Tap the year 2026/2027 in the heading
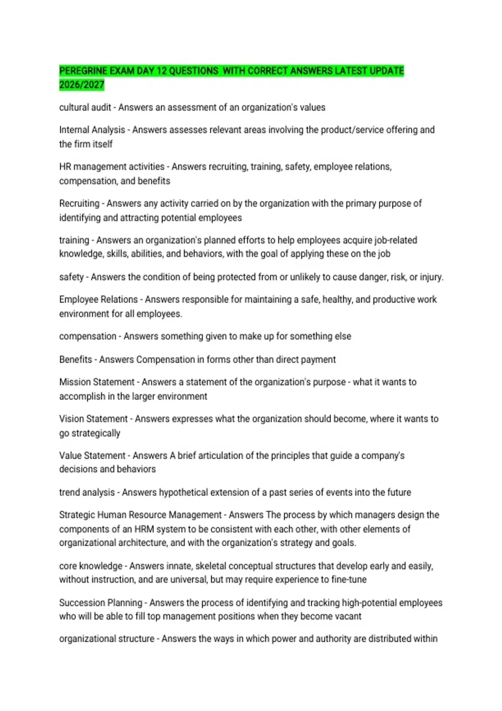(x=82, y=85)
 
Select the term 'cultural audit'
(x=85, y=107)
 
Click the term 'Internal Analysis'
(x=92, y=130)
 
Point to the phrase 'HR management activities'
(x=112, y=167)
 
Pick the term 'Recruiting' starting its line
(x=79, y=204)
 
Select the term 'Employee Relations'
(x=98, y=300)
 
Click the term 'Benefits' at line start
(x=75, y=360)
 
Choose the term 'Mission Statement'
(x=97, y=382)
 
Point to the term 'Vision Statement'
(x=93, y=419)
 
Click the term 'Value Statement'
(x=92, y=456)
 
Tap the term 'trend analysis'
(x=87, y=493)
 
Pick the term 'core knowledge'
(x=91, y=566)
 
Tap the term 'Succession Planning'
(x=100, y=603)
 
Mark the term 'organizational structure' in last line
(x=107, y=639)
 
